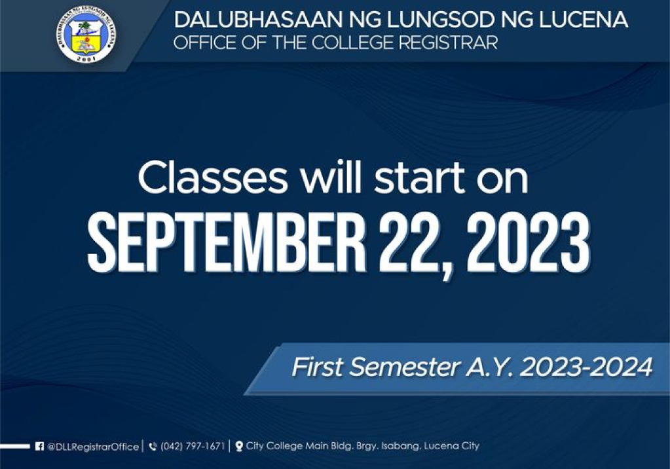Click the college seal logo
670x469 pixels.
click(x=86, y=35)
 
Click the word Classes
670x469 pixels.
click(x=213, y=178)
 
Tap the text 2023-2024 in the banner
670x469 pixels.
click(x=586, y=367)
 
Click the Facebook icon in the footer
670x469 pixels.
click(x=39, y=446)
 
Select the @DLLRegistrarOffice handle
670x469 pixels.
click(x=93, y=447)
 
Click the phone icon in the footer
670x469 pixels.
click(x=153, y=447)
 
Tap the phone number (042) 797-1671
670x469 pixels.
click(x=193, y=446)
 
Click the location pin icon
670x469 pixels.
click(x=239, y=446)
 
